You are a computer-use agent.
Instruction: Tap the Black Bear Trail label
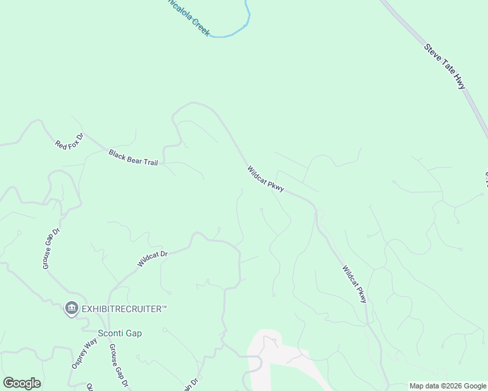tap(133, 158)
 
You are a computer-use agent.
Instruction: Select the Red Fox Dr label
tap(69, 141)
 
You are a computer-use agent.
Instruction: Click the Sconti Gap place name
tap(119, 333)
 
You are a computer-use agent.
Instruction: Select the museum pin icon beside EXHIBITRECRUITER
tap(71, 308)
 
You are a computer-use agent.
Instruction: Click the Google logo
tap(22, 383)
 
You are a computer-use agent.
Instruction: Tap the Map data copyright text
tap(447, 386)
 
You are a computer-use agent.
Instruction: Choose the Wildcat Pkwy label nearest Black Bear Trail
tap(266, 179)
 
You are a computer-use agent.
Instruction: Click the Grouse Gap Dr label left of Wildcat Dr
tap(52, 248)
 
